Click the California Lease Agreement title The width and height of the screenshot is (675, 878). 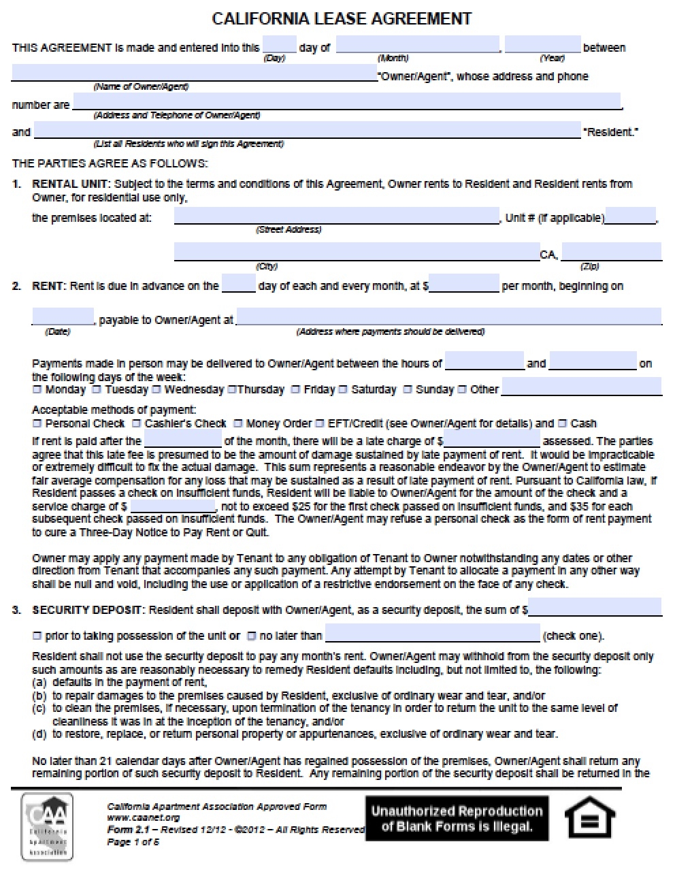coord(342,18)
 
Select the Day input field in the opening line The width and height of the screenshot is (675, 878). coord(279,45)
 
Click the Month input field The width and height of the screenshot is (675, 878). coord(417,45)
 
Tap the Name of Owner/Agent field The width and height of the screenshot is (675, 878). coord(194,74)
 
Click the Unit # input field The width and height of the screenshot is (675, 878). coord(630,216)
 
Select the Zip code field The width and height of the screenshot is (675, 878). coord(610,252)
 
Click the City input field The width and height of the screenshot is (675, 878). coord(357,252)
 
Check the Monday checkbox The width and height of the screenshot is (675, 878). coord(37,390)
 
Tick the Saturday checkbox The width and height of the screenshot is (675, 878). coord(343,390)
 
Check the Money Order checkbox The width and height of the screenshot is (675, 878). coord(238,423)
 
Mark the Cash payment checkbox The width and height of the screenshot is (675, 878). coord(562,423)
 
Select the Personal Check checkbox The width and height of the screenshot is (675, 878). coord(37,423)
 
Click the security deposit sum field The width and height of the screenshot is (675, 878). coord(595,607)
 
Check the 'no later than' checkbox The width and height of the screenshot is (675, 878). coord(251,636)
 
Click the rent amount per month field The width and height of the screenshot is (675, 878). coord(464,284)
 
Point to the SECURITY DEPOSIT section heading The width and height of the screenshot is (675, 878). coord(88,610)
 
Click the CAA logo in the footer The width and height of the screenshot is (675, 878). coord(47,826)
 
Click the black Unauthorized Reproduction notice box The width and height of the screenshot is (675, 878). coord(457,819)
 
